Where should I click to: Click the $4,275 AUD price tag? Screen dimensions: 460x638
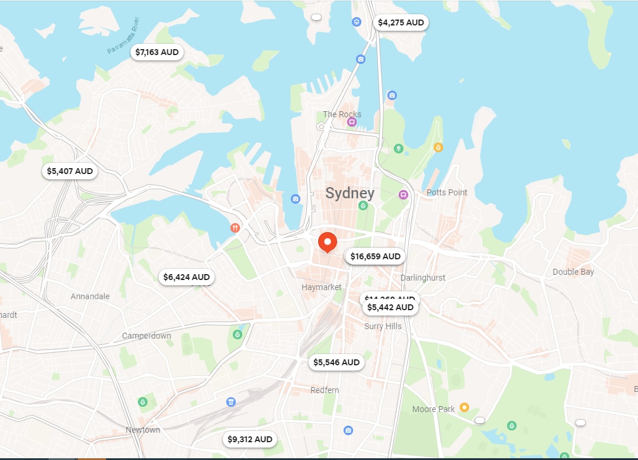point(401,23)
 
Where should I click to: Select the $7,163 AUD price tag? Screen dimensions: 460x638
point(157,52)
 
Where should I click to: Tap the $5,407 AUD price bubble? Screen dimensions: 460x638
point(70,171)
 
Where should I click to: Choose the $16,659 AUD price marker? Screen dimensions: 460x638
point(376,256)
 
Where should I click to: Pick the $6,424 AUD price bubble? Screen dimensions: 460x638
point(187,276)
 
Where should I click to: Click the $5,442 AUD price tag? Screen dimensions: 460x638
point(390,308)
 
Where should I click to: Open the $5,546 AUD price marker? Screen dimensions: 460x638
point(336,362)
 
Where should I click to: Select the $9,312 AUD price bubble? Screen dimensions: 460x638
point(250,439)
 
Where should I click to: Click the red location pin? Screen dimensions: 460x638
point(327,242)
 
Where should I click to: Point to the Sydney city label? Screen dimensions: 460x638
point(350,193)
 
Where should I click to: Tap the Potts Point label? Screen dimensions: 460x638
point(447,192)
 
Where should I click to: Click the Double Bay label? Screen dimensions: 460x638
point(573,272)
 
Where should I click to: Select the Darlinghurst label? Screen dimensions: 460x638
point(422,278)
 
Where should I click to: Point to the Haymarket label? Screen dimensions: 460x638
point(322,287)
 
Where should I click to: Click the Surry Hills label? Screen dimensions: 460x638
point(383,326)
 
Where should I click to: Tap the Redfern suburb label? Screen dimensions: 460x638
point(325,390)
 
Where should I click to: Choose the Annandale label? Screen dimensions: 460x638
point(90,296)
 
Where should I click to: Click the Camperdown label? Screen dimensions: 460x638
point(146,336)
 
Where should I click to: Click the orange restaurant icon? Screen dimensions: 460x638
point(235,227)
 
